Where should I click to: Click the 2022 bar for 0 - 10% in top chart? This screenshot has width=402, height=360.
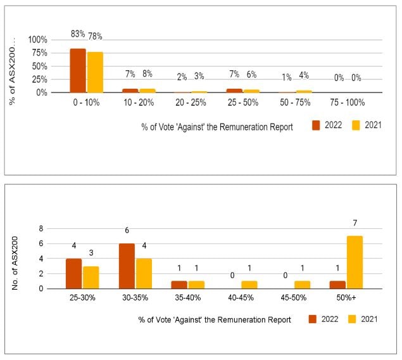coord(78,70)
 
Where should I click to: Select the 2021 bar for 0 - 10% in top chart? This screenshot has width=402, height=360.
coord(95,72)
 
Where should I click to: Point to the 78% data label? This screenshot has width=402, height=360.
coord(95,36)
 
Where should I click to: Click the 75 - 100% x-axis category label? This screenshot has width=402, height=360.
coord(348,102)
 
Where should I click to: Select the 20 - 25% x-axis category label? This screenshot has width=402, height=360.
coord(191,102)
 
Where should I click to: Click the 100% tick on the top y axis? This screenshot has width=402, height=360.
coord(37,39)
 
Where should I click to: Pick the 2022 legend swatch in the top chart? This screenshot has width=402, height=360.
coord(316,125)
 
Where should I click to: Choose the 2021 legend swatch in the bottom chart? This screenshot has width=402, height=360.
coord(352,319)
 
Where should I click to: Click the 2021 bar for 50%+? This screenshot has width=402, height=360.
coord(355,262)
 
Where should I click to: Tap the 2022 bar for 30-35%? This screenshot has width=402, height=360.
coord(126,266)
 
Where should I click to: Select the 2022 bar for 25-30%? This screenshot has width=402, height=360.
coord(74,273)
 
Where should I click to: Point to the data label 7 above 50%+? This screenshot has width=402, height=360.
coord(356,223)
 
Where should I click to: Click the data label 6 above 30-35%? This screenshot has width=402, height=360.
coord(127,231)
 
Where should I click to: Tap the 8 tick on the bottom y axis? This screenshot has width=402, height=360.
coord(41,229)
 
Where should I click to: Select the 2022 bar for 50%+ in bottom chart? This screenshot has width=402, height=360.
coord(338,285)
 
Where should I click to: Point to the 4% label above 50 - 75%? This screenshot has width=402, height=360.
coord(304,76)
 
